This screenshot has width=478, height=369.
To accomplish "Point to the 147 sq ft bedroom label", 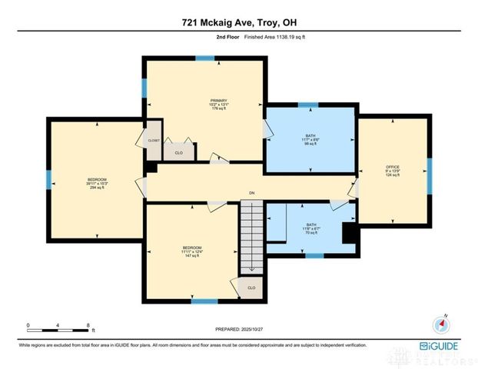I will [191, 251].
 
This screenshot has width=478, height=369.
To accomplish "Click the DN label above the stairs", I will [251, 192].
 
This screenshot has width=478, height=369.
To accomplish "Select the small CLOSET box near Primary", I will [154, 141].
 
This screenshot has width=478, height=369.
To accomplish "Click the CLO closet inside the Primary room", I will [179, 152].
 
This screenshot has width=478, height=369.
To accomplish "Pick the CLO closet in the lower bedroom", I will [251, 288].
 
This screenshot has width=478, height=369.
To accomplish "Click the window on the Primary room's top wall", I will [204, 58].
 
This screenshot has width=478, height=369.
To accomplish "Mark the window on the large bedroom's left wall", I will [49, 180].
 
